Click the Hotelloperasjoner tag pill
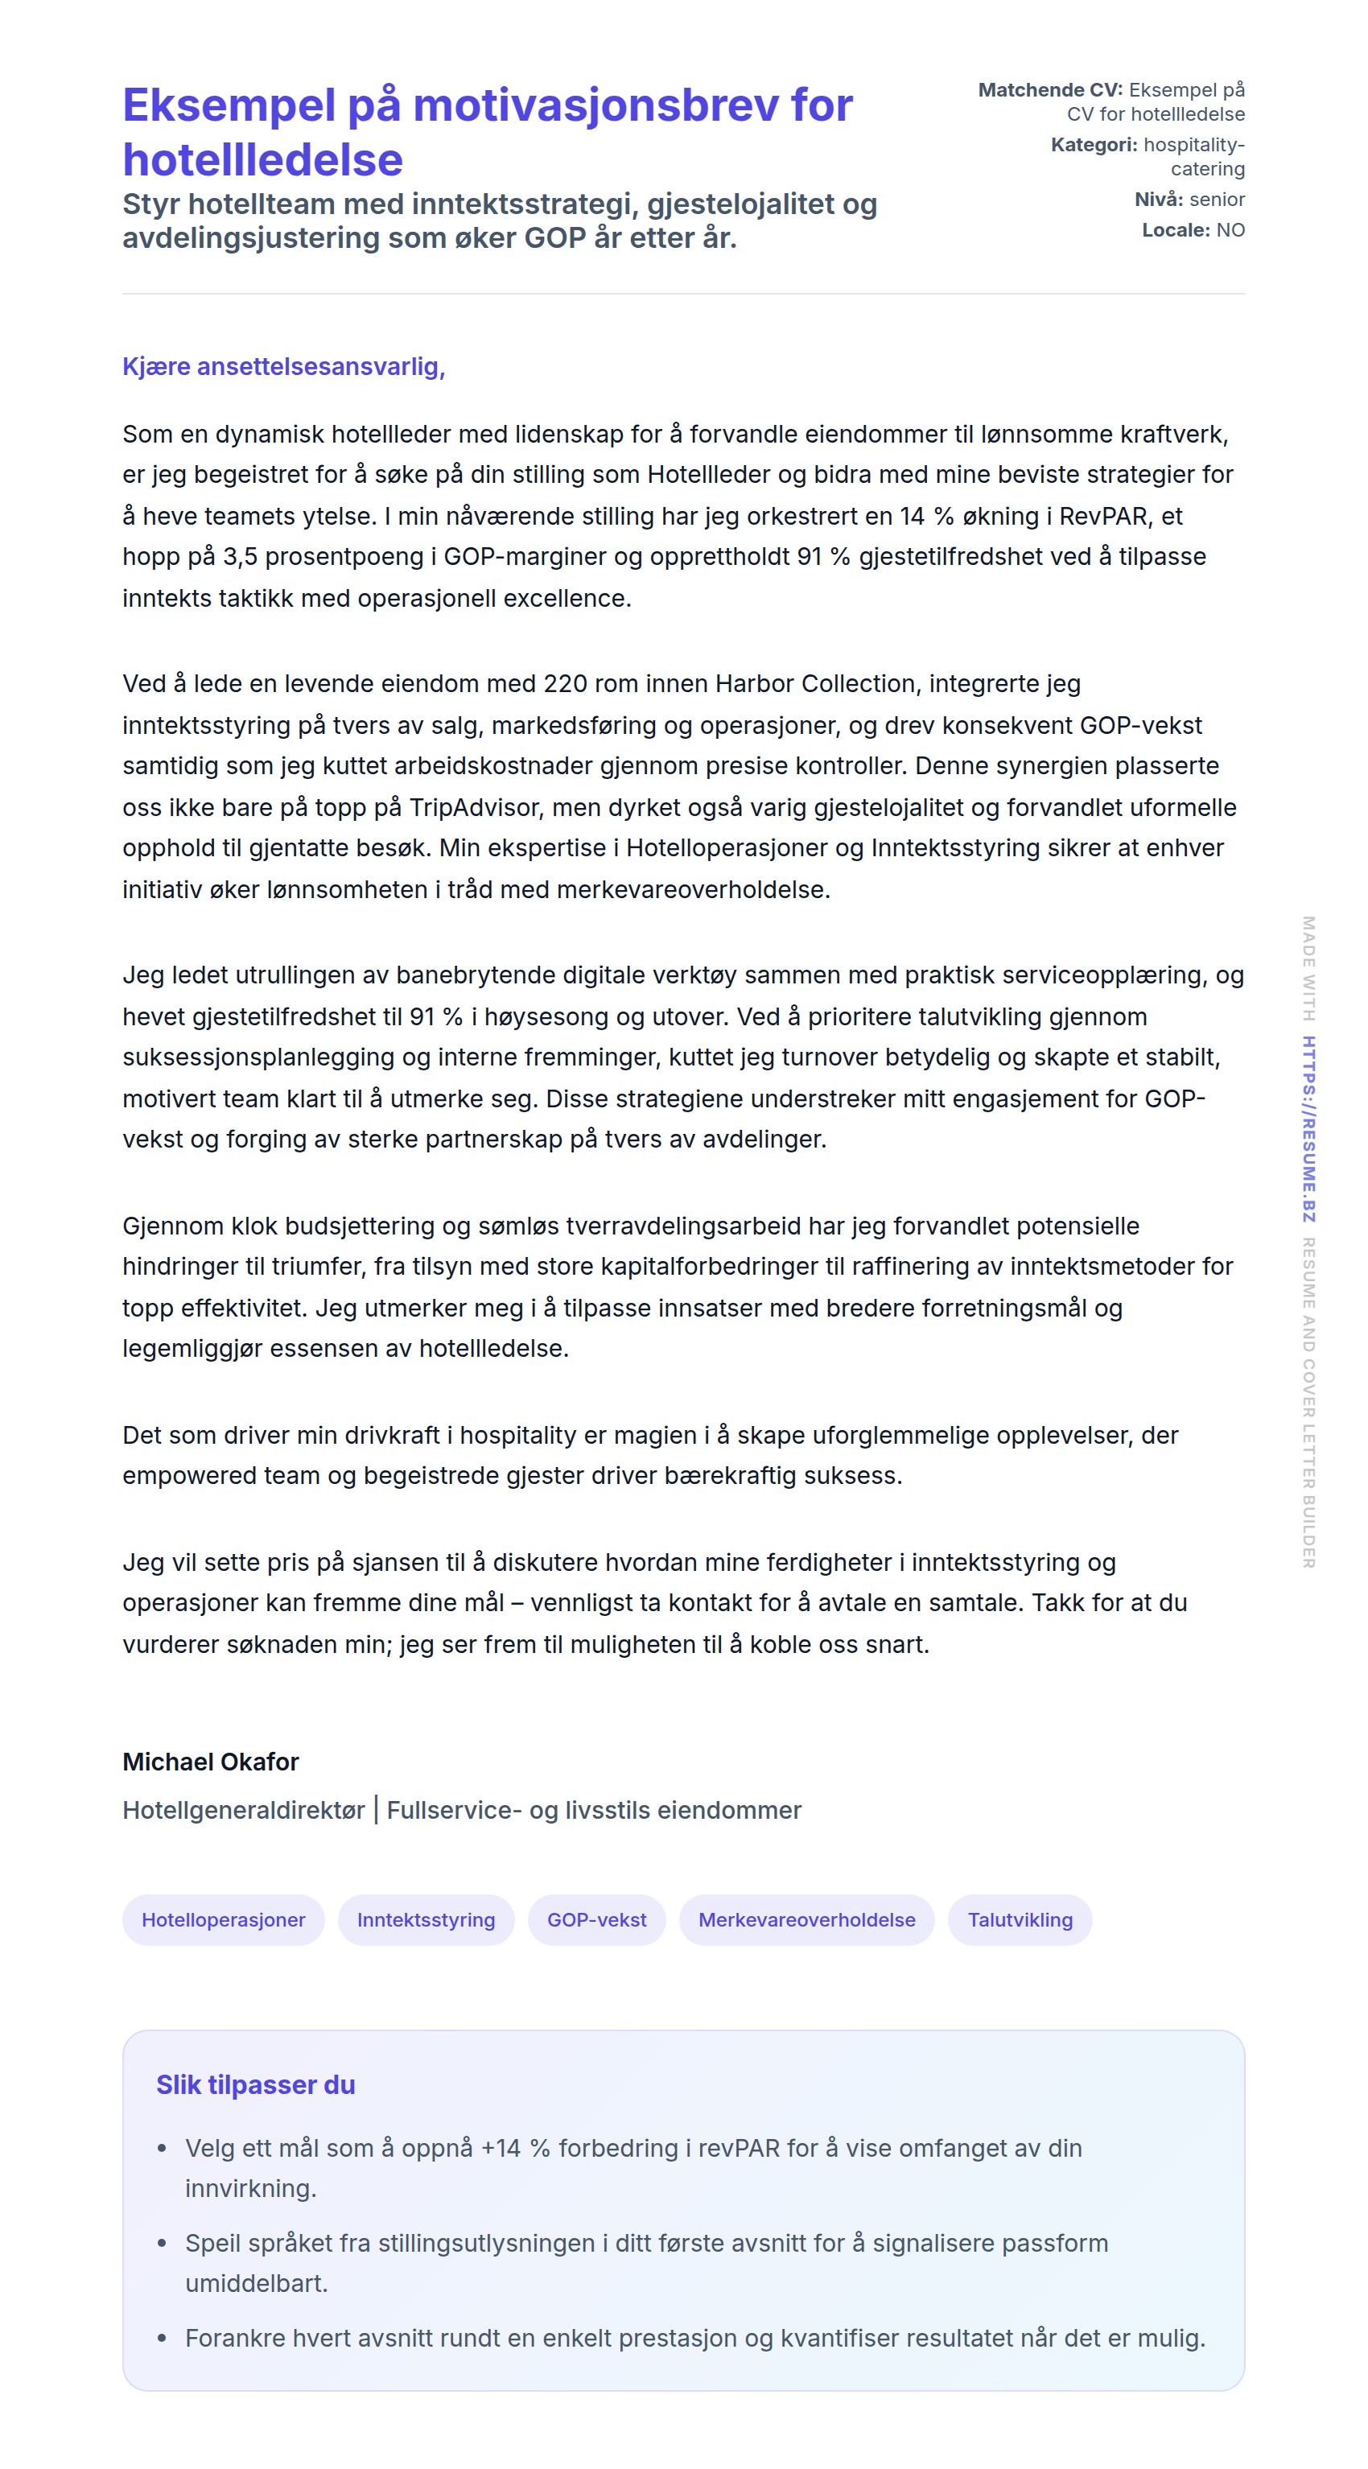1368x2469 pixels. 224,1920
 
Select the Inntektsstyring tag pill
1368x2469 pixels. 426,1920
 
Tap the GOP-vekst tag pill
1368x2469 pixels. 596,1920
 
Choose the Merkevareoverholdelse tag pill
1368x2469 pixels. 806,1920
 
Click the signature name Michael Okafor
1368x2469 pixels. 211,1762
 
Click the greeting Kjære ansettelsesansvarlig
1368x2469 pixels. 284,366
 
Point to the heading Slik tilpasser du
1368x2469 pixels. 256,2084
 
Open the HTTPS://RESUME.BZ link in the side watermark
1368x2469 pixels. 1308,1128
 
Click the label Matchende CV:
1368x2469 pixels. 1049,90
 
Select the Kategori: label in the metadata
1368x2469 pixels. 1094,145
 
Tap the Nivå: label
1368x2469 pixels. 1158,200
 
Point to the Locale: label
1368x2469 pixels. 1176,230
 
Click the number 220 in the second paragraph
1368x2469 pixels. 565,683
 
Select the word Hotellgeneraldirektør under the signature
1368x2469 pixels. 244,1810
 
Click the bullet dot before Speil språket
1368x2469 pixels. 162,2244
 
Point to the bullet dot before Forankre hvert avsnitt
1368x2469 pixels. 162,2339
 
